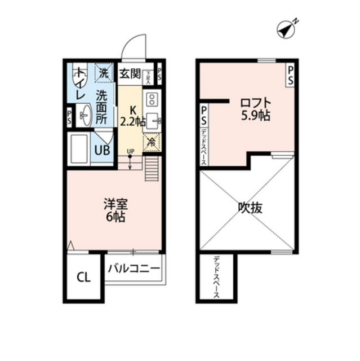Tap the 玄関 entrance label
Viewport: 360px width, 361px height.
click(130, 73)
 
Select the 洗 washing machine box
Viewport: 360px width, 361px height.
click(105, 72)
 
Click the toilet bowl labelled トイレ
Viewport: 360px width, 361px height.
click(81, 76)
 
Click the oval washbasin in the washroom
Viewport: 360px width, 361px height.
click(86, 116)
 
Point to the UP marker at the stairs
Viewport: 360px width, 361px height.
click(130, 151)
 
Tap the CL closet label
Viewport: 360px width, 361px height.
click(83, 277)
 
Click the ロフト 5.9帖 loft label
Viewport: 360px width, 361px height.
click(255, 109)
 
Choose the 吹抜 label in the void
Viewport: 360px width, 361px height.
click(249, 208)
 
